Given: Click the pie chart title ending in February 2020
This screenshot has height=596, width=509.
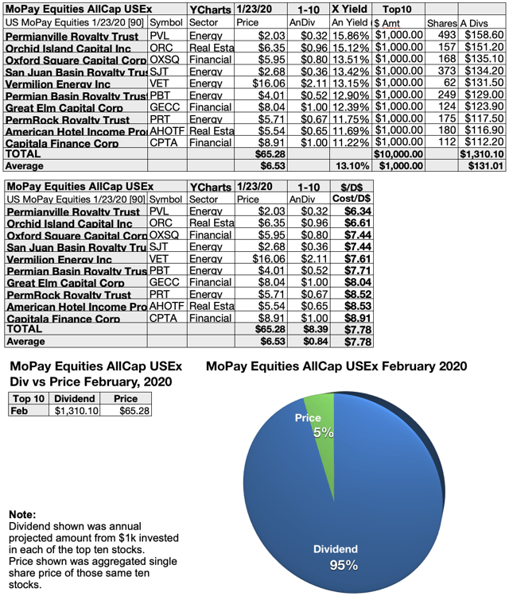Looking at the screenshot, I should [x=336, y=367].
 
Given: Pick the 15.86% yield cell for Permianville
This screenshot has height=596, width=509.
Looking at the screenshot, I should [x=348, y=37].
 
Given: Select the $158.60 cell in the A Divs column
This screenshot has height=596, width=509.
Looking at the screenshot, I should [x=480, y=37].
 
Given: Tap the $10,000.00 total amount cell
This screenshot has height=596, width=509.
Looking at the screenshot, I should [x=398, y=154].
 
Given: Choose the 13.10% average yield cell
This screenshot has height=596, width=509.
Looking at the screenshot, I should [x=348, y=166].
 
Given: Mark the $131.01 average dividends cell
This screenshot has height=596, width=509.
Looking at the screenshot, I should [x=480, y=166].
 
